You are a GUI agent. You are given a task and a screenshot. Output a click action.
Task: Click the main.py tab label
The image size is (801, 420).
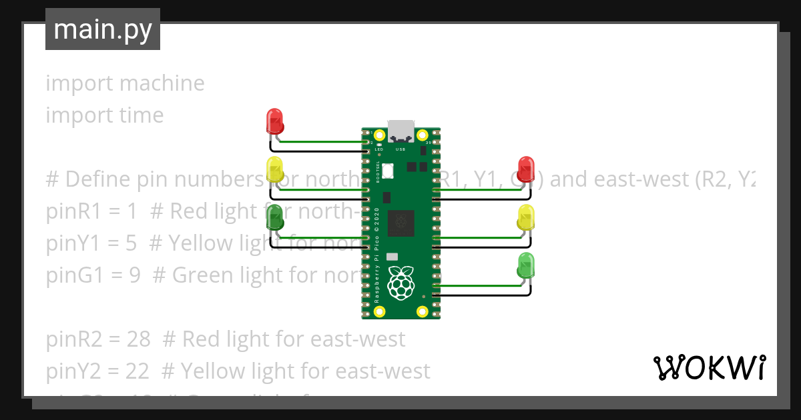coord(103,29)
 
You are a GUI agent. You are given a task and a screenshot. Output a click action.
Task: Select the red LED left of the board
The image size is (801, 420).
coord(274,121)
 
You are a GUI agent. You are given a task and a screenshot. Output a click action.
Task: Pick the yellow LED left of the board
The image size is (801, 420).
coord(274,169)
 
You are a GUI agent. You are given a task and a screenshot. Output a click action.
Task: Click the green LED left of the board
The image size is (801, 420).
coord(274,218)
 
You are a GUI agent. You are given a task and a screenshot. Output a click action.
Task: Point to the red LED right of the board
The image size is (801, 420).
coord(526,169)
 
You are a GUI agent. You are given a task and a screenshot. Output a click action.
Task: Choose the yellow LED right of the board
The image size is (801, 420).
coord(526,218)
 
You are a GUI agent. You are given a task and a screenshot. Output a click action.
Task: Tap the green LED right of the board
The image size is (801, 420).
coord(526,266)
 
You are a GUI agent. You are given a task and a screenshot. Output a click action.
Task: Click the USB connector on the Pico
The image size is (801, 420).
coord(400,130)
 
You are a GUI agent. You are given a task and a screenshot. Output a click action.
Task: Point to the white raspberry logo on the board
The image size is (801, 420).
coord(400,283)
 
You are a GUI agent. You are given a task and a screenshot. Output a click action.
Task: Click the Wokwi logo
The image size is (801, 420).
coord(709,367)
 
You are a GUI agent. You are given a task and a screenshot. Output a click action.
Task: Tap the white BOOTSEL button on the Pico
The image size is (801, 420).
coord(388,172)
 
